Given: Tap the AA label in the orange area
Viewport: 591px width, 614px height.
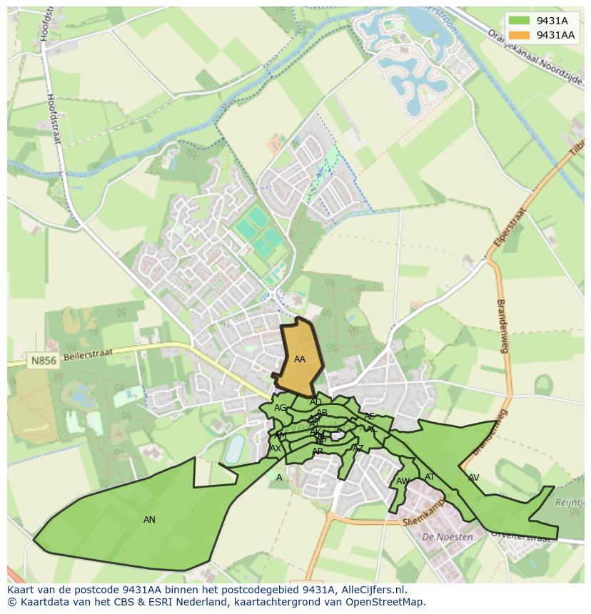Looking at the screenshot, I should (300, 359).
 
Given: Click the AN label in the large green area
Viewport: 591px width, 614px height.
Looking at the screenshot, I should (149, 520).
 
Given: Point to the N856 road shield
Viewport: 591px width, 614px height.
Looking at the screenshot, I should (42, 362).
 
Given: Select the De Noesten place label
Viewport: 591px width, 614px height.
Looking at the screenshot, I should (448, 537).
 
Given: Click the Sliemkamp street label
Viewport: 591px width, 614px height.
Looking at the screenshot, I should (423, 516).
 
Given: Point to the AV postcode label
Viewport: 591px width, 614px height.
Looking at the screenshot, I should (473, 478).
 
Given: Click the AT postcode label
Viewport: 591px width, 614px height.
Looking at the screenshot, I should (430, 477).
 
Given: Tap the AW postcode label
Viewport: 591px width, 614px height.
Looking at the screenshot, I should (403, 481).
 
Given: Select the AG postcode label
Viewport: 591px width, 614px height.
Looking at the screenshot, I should (280, 408).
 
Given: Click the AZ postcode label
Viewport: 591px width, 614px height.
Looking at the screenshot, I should (358, 449).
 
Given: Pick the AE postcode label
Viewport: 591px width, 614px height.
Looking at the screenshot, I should (369, 416).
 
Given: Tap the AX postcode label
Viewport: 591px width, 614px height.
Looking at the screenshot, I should (276, 449).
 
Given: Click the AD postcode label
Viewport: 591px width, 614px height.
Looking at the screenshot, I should (315, 402).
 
